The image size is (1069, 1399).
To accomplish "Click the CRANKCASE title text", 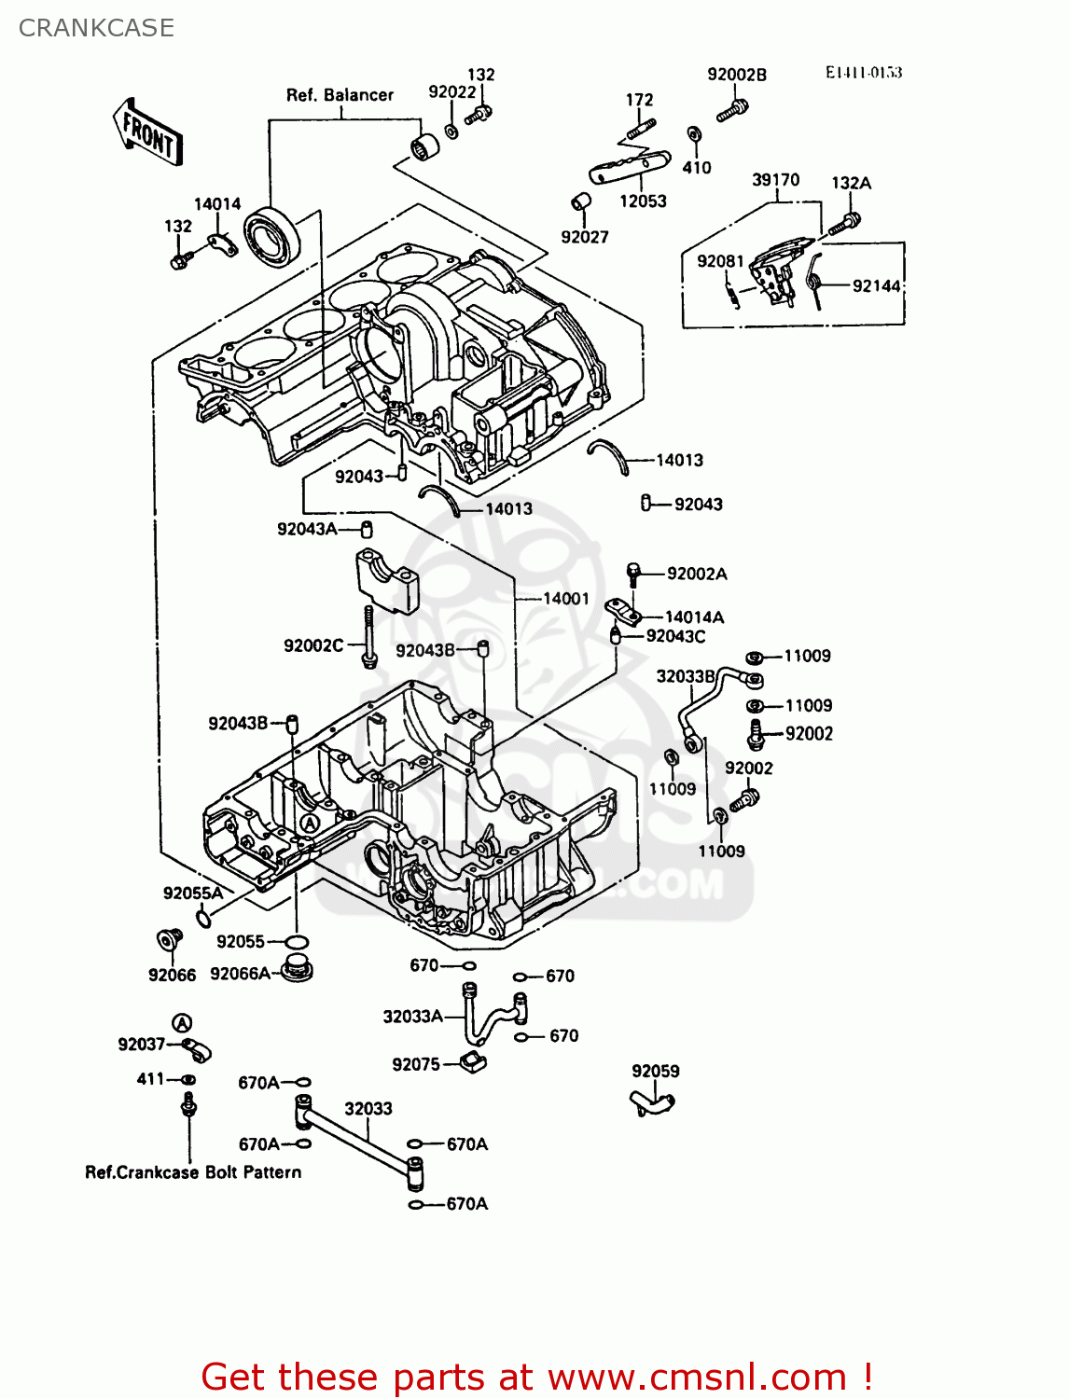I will pos(96,28).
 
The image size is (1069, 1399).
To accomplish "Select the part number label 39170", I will pos(775,180).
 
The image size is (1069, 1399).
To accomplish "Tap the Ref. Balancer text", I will pos(340,95).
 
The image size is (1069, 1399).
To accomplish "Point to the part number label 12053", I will pos(643,201).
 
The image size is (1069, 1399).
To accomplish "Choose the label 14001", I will pos(566,599).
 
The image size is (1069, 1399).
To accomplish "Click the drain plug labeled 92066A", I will pos(298,969).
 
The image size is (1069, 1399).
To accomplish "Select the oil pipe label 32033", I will pos(368,1109).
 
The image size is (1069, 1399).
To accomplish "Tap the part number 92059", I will pos(655,1072).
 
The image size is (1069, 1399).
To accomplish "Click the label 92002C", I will pos(313,645).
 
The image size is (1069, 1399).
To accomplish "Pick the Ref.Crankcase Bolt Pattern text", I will pos(193,1172).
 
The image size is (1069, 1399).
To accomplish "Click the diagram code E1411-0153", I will pos(863,73).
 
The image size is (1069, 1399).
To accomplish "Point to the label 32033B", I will pos(686,676).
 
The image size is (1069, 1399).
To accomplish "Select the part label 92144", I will pos(876,286).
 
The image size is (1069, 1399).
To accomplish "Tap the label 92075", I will pos(415,1064).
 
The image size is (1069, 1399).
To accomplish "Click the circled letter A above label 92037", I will pos(182,1023).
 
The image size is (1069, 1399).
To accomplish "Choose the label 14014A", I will pos(694,617).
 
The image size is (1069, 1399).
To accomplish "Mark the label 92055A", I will pos(193,893).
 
